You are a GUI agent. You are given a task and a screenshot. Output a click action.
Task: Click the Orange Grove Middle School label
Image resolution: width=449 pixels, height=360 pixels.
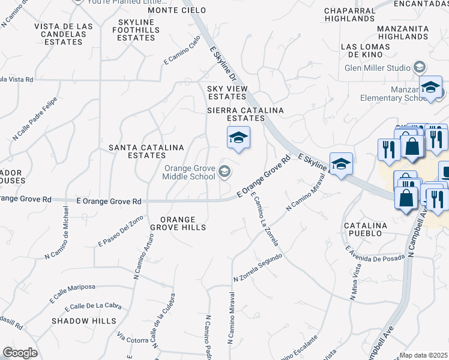(190, 172)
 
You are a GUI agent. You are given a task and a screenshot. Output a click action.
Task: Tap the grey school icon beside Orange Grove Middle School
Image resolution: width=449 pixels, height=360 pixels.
(224, 173)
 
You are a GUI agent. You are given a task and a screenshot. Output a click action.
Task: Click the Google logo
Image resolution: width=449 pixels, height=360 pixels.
(20, 353)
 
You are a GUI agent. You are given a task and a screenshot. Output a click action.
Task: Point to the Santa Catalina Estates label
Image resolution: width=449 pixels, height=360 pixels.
(138, 151)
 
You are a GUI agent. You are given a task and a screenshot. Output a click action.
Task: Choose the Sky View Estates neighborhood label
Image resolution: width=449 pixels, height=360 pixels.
(228, 92)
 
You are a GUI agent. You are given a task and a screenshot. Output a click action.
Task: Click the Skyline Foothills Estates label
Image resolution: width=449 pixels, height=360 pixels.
(136, 30)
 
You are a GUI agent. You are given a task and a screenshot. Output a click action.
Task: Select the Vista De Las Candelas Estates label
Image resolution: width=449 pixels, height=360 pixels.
(63, 34)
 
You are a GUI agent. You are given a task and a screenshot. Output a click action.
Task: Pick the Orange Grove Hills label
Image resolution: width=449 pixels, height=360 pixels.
(178, 223)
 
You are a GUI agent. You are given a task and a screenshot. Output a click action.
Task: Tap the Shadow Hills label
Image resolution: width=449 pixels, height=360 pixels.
(84, 321)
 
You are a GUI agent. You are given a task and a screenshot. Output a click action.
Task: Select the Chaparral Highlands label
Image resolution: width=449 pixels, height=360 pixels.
(349, 14)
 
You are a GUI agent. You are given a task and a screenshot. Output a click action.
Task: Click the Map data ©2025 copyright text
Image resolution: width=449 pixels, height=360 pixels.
(424, 355)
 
